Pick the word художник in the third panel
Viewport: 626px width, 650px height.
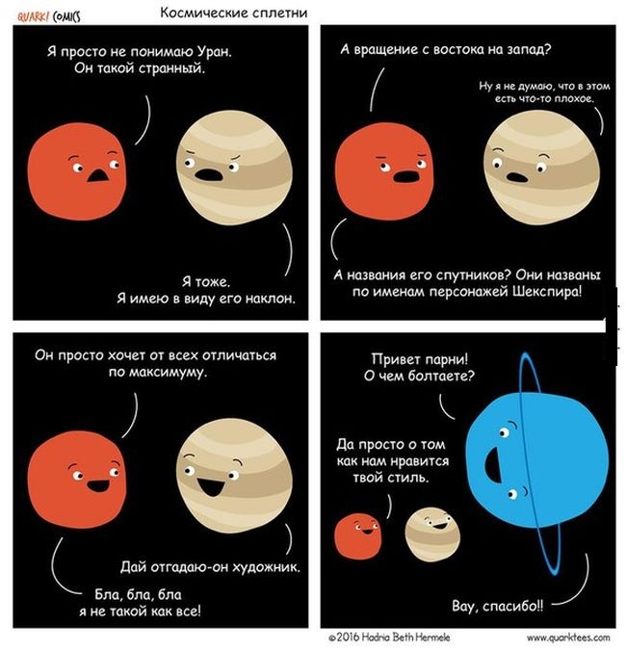(263, 566)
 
